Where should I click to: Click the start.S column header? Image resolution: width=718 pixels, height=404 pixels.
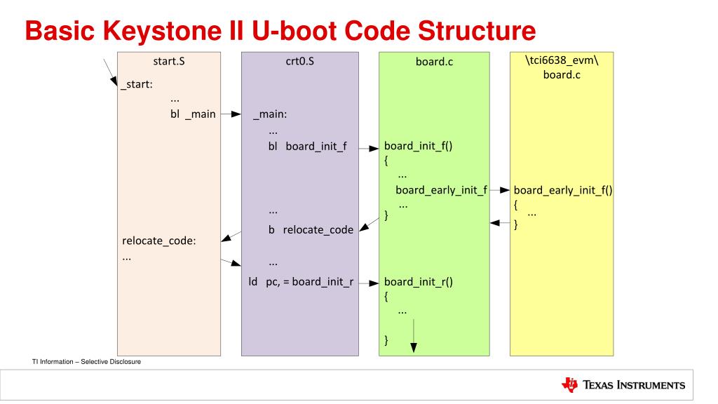click(x=168, y=61)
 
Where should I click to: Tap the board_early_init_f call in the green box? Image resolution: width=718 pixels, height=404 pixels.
click(x=441, y=190)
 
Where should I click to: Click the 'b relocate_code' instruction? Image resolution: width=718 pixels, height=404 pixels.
click(x=311, y=229)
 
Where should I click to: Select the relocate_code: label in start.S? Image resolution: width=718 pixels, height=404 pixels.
click(x=158, y=241)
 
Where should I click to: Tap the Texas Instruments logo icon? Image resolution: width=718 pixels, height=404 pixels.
click(x=568, y=386)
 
